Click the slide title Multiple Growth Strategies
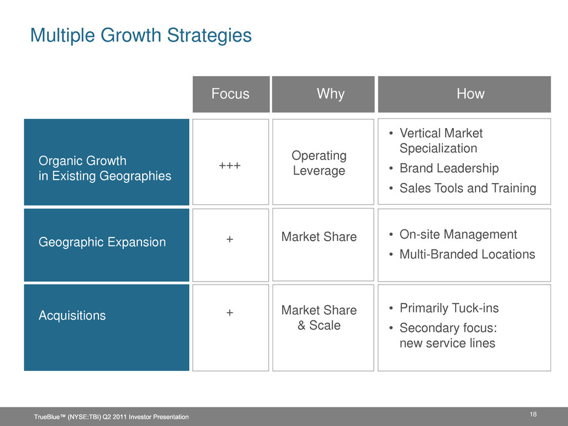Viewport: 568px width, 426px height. click(141, 36)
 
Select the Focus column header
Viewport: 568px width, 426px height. click(230, 94)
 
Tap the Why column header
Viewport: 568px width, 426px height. click(331, 94)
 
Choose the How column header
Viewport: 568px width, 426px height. click(470, 94)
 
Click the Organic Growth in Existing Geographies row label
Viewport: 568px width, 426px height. click(105, 168)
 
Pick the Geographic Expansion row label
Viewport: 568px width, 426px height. click(102, 242)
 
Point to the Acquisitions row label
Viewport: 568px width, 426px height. click(72, 315)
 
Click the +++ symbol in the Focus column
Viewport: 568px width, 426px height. click(230, 166)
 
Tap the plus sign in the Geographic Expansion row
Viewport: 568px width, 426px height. click(230, 239)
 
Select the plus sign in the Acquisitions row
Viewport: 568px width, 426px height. click(230, 312)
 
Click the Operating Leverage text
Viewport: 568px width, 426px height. click(319, 163)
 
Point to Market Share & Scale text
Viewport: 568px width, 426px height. click(319, 318)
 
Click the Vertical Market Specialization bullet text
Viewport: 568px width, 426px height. click(441, 141)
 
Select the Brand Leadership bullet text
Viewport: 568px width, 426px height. click(449, 168)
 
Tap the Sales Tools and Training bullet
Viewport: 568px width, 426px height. click(468, 188)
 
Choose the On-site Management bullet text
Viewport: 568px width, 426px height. click(458, 234)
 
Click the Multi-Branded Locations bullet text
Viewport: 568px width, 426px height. click(467, 254)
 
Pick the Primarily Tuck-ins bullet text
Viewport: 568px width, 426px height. click(449, 308)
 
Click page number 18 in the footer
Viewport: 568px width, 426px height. click(533, 414)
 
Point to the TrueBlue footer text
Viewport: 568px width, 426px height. click(111, 417)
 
